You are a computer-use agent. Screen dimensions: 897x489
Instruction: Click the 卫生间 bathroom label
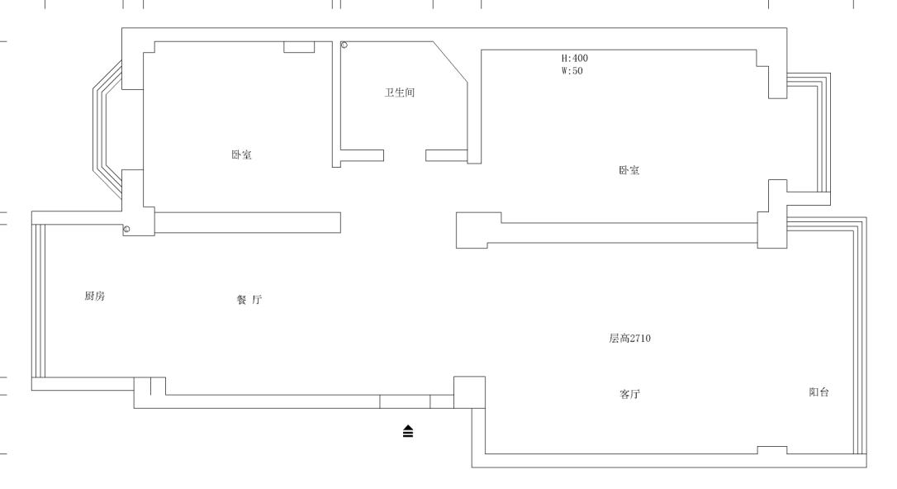tap(399, 93)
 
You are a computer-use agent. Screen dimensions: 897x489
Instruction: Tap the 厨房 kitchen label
tap(94, 296)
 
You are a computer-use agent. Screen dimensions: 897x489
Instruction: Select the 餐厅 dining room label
tap(249, 300)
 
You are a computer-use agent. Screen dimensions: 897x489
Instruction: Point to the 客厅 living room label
tap(629, 394)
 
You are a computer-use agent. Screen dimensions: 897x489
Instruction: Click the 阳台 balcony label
tap(819, 392)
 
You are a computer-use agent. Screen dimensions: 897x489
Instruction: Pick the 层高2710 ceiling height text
tap(629, 339)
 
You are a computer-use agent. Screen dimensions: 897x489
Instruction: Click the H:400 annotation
tap(574, 59)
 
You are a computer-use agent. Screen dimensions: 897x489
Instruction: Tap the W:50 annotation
tap(572, 71)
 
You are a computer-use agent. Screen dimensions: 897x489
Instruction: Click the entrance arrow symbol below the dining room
tap(408, 431)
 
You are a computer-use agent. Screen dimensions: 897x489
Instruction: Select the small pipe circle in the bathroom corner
tap(344, 45)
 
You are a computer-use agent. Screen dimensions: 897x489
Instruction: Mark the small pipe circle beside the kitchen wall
tap(126, 230)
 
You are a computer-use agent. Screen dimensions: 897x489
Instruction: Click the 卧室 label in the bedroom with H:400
tap(629, 170)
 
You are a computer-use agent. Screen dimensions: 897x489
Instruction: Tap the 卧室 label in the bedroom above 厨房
tap(241, 155)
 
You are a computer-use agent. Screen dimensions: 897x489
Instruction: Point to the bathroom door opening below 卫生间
tap(405, 155)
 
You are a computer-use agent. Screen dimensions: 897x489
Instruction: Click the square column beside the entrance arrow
tap(470, 392)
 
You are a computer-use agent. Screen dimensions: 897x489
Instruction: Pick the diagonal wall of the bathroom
tap(450, 62)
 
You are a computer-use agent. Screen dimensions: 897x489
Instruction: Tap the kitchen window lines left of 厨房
tap(38, 301)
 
